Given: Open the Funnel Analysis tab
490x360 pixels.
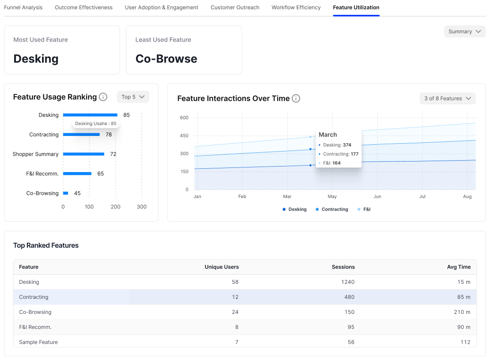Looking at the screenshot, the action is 23,7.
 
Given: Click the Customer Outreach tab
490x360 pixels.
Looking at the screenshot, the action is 235,7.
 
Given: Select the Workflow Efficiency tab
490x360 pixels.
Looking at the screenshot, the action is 296,7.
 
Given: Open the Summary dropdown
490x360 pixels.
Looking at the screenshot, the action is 465,31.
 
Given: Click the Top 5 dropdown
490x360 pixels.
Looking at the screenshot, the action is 133,97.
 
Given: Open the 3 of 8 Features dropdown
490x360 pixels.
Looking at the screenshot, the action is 448,99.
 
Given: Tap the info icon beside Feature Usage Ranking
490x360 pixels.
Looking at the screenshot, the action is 103,97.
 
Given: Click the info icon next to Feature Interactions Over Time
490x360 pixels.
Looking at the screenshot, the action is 296,99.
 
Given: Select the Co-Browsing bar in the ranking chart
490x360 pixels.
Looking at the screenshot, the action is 66,193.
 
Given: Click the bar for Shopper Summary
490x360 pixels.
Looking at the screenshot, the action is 84,154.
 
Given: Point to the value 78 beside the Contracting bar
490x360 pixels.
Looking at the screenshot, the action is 108,135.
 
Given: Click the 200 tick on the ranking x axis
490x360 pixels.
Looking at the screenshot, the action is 116,207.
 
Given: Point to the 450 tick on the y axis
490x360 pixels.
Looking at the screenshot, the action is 184,136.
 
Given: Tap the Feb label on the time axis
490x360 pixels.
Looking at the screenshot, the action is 242,196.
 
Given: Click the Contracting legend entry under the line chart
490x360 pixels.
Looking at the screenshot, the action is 332,209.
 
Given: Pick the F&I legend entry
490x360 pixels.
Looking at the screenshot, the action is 364,209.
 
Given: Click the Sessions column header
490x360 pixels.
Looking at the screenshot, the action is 343,267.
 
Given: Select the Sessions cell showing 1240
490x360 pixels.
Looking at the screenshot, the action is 348,282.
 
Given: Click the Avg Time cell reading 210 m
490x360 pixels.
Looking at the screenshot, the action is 462,312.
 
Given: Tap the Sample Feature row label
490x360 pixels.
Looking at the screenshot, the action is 38,342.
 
